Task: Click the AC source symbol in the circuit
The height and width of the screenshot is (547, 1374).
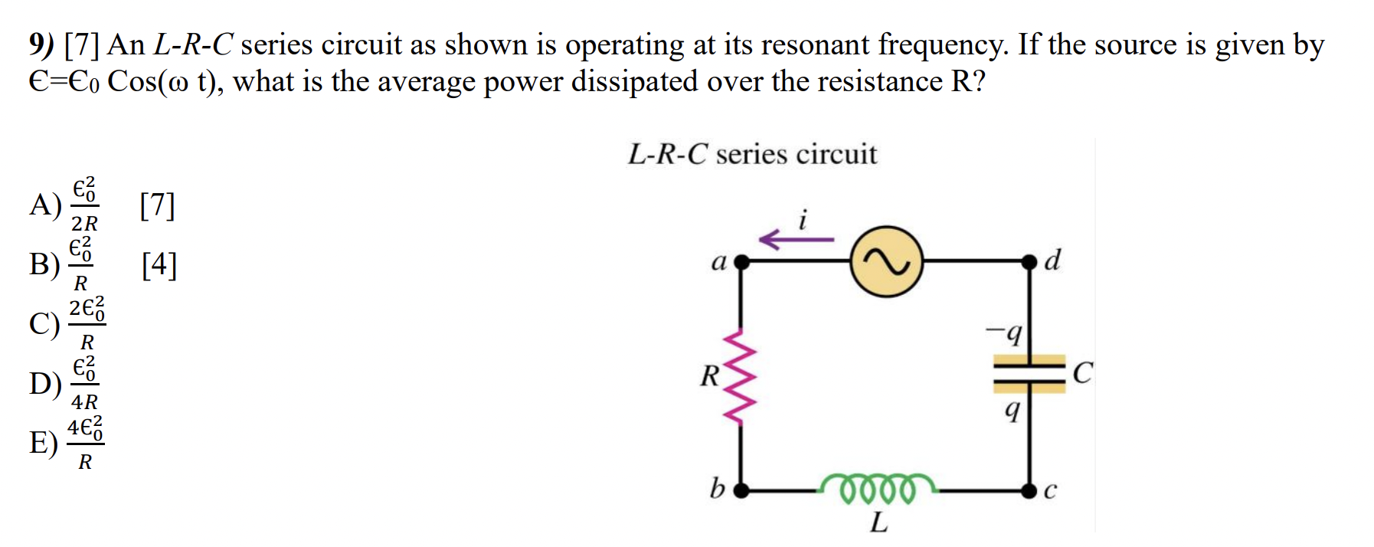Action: pos(886,261)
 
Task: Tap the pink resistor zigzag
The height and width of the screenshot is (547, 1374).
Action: pos(740,376)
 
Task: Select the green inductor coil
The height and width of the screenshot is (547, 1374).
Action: pos(878,486)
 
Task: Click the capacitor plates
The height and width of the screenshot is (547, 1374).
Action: pos(1029,373)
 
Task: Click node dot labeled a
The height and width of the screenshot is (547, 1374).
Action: pos(740,261)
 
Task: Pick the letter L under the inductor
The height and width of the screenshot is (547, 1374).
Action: pos(878,522)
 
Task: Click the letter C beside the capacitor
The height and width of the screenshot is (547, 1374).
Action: pos(1082,373)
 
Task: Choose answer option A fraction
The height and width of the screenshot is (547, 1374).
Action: pos(84,205)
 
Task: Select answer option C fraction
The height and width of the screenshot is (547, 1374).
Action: pos(87,323)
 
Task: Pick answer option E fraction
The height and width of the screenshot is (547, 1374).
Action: pos(85,443)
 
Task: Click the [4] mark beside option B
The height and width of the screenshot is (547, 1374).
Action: pos(159,264)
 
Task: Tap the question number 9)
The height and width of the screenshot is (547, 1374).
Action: pos(41,45)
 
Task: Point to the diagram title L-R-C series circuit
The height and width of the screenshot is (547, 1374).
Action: pos(752,155)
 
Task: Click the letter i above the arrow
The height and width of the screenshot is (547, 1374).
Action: pos(802,220)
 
